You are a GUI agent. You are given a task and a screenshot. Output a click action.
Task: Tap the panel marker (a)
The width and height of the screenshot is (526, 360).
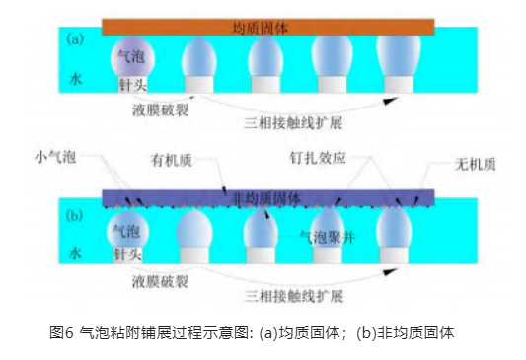(x=75, y=40)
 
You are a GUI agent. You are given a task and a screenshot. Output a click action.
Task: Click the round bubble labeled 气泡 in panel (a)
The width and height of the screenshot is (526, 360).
(x=130, y=57)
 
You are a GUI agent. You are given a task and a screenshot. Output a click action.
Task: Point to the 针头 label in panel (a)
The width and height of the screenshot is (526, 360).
(x=130, y=87)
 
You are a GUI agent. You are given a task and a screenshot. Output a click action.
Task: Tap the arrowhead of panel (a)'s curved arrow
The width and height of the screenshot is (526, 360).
(x=391, y=99)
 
